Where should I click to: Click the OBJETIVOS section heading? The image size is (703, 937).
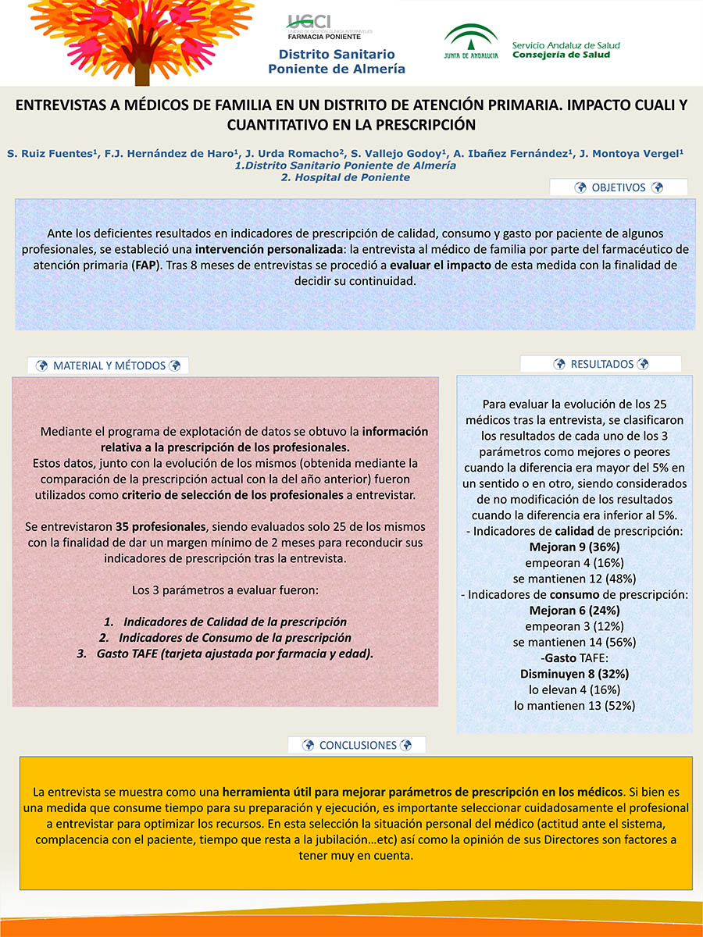[619, 187]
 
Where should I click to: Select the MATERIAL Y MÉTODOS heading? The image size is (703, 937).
[109, 365]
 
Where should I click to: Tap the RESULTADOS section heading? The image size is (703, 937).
[601, 364]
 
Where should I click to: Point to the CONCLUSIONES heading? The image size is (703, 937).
[357, 745]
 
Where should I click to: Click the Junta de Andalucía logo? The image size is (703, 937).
[470, 41]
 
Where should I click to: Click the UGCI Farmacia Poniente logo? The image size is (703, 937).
[329, 27]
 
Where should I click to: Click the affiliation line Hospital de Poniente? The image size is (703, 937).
[345, 177]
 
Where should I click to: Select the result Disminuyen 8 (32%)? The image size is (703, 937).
[574, 673]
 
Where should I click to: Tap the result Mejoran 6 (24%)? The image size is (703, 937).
[574, 610]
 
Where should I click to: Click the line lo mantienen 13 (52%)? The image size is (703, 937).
[574, 705]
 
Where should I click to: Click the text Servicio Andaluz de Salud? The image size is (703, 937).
[566, 45]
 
